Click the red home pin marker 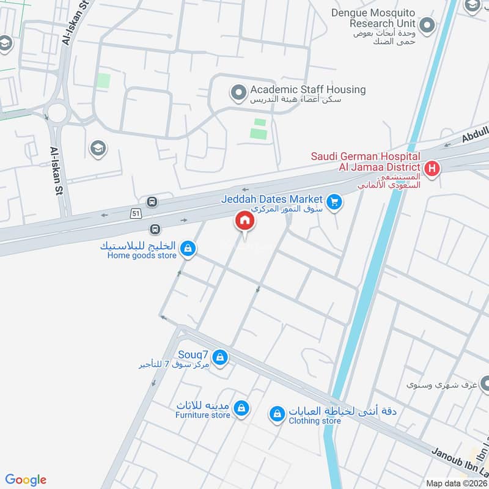tap(244, 221)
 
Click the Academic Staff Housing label tap(307, 90)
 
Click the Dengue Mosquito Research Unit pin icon tap(428, 26)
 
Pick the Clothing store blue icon tap(278, 414)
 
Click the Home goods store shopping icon tap(189, 248)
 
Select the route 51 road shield tap(136, 213)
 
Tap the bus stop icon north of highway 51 tap(152, 202)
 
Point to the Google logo tap(26, 480)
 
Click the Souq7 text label tap(194, 354)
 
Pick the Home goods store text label tap(142, 256)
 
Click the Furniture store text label tap(202, 415)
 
